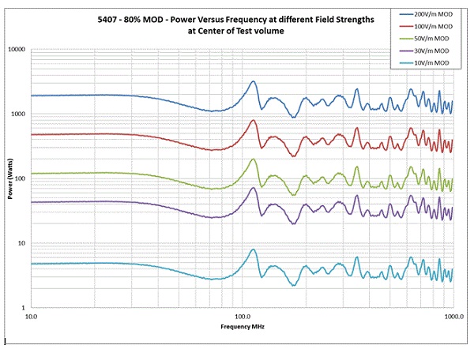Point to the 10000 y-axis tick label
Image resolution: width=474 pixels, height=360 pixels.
click(x=16, y=50)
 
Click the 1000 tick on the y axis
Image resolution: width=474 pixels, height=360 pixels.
click(x=17, y=114)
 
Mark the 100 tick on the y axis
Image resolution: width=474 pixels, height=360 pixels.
click(x=20, y=179)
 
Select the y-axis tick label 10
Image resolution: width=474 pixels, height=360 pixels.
click(x=21, y=243)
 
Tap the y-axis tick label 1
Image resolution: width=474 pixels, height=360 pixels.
click(x=24, y=308)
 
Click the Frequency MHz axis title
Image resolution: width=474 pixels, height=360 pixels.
click(x=243, y=325)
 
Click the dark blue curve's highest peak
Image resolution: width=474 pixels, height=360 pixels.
click(x=254, y=81)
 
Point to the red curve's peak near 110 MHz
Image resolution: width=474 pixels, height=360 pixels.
click(x=254, y=120)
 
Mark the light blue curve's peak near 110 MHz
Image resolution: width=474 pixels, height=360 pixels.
click(x=254, y=249)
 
